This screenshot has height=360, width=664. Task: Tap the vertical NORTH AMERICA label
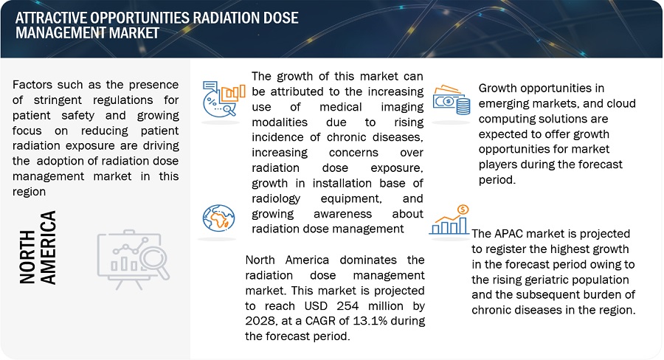coord(38,248)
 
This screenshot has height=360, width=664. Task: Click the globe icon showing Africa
coord(219,218)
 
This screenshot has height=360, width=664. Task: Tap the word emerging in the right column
coord(508,104)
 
